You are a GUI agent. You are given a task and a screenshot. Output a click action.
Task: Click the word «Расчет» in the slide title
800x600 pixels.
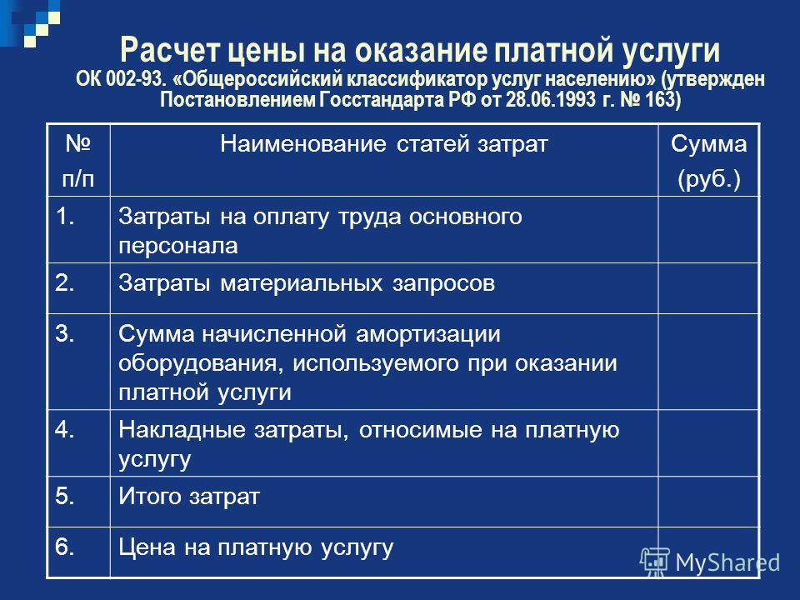(170, 50)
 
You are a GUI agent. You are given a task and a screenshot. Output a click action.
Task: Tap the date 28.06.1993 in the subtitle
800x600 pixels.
(551, 99)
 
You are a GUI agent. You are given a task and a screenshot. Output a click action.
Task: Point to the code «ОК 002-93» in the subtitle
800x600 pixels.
(120, 79)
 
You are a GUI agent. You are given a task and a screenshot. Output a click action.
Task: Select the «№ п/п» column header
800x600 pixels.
(78, 161)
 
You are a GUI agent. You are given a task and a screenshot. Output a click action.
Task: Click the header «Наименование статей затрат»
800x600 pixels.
(383, 144)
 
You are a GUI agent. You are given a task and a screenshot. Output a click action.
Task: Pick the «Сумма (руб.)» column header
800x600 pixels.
(708, 161)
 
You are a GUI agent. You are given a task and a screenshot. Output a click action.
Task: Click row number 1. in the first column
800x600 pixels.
(65, 217)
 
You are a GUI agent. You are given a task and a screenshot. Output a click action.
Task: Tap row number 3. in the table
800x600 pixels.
(65, 333)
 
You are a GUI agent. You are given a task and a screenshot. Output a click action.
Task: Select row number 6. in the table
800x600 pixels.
(65, 547)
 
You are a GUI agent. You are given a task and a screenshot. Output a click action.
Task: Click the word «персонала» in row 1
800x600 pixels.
(178, 247)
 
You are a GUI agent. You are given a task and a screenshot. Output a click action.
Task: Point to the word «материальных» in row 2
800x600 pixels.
(302, 283)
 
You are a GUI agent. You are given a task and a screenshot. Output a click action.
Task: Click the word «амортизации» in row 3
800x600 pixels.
(427, 335)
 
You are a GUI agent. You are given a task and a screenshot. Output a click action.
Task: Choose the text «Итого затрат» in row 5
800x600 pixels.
(189, 497)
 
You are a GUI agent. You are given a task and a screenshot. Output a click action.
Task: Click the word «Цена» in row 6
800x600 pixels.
(147, 547)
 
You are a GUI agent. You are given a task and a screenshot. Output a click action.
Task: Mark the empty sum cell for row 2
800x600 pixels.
(708, 288)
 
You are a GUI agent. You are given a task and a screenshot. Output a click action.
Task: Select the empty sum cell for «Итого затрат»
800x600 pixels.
(708, 502)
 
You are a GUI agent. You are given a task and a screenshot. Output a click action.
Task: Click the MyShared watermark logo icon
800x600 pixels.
(655, 562)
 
